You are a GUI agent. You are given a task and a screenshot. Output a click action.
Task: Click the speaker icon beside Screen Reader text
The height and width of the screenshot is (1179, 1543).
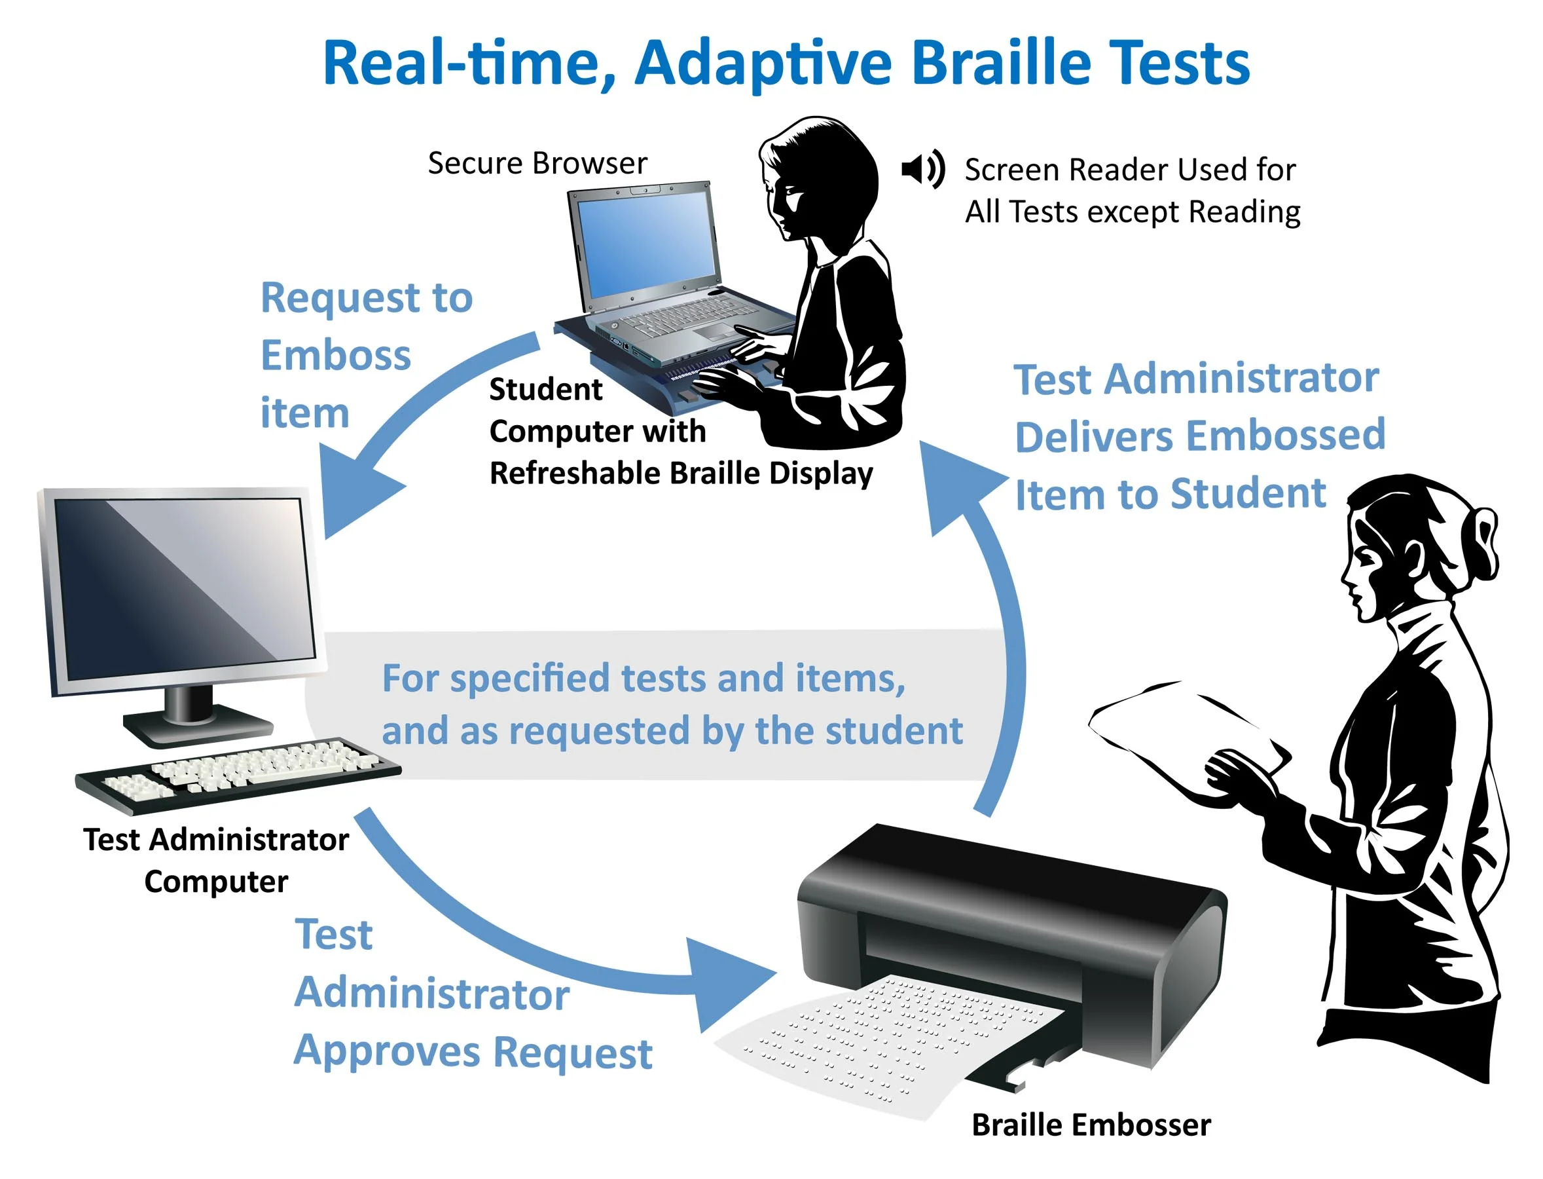pos(922,169)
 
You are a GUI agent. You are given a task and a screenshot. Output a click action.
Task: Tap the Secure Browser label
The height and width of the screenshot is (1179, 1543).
pos(537,163)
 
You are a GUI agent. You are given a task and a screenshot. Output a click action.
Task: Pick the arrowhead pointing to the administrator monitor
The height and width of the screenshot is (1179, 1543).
pos(354,491)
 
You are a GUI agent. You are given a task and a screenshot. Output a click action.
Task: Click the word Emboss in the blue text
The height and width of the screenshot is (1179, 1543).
pos(335,355)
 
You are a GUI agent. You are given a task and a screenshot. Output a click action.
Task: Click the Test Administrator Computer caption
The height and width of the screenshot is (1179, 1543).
pos(216,861)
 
